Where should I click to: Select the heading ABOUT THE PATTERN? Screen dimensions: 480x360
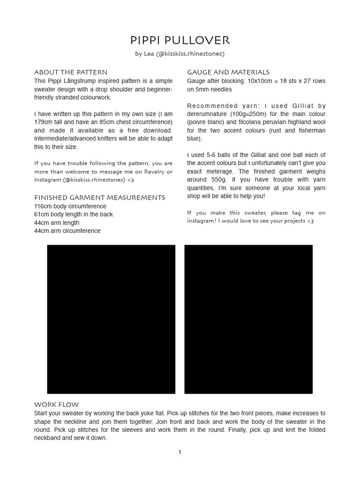pos(71,72)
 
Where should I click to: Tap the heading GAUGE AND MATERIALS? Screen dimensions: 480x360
pos(228,72)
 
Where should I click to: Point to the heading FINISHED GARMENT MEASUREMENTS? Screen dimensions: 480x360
pos(99,197)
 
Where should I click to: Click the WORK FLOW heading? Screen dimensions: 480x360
pos(57,405)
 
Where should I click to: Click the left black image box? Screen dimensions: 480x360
pos(111,319)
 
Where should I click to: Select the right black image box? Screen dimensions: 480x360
pos(248,319)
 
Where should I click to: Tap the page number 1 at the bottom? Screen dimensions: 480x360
pos(180,452)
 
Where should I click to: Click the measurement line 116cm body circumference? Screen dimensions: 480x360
pos(70,206)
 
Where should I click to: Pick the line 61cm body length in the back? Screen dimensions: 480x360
pos(74,214)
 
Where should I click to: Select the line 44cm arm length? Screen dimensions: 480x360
pos(57,223)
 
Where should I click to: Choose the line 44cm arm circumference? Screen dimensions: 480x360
pos(67,231)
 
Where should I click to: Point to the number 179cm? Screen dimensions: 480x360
pos(44,122)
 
